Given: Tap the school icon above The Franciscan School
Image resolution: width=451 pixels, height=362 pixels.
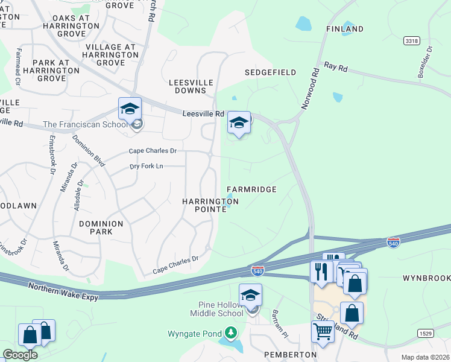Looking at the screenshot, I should coord(130,109).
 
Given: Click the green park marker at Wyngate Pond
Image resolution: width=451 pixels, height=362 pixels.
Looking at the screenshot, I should coord(230,332).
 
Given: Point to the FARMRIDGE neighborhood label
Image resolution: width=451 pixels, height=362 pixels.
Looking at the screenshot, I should coord(251,189).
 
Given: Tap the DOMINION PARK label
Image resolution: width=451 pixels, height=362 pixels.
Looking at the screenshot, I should coord(101,227).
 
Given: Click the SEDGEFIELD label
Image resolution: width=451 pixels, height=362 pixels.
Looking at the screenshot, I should coord(270,72).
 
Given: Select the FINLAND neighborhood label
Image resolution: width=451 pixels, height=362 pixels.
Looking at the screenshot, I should coord(345,29).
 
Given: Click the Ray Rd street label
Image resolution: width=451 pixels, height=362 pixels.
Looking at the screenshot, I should coord(336,67).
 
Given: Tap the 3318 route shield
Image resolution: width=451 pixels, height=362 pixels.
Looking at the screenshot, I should coord(412,40).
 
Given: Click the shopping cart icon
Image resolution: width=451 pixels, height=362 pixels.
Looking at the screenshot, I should coord(323,331).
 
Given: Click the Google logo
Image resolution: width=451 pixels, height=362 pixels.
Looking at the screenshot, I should coord(20,354).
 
